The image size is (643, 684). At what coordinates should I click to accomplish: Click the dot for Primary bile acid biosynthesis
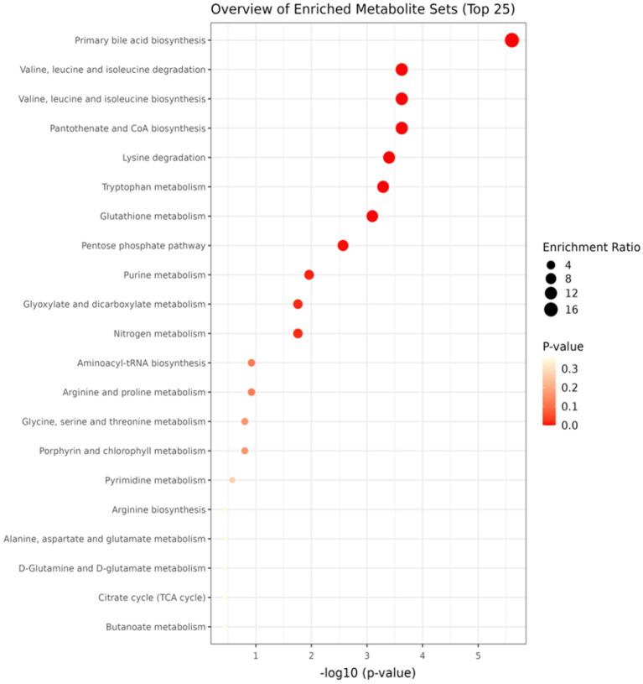coord(511,40)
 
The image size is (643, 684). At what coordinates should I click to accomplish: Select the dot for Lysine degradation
coord(389,158)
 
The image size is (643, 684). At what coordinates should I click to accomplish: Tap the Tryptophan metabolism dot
coord(383,187)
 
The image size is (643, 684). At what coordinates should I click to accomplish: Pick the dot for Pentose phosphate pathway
coord(343,246)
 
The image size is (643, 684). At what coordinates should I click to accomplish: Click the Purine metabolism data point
coord(309,275)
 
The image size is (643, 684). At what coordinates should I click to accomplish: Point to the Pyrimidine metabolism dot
coord(232,480)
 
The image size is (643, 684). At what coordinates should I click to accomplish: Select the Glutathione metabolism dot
coord(372,217)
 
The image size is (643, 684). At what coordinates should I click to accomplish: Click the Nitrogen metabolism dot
coord(298,334)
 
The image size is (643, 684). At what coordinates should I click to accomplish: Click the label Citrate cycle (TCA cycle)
coord(152,598)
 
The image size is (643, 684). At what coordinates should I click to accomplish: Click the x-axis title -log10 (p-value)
coord(368,673)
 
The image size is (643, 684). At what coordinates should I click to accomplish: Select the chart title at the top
coord(362,10)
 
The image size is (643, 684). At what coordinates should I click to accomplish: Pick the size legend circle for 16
coord(551,310)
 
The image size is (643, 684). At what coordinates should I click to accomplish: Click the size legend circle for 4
coord(551,265)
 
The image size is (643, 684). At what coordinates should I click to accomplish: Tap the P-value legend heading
coord(563,346)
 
